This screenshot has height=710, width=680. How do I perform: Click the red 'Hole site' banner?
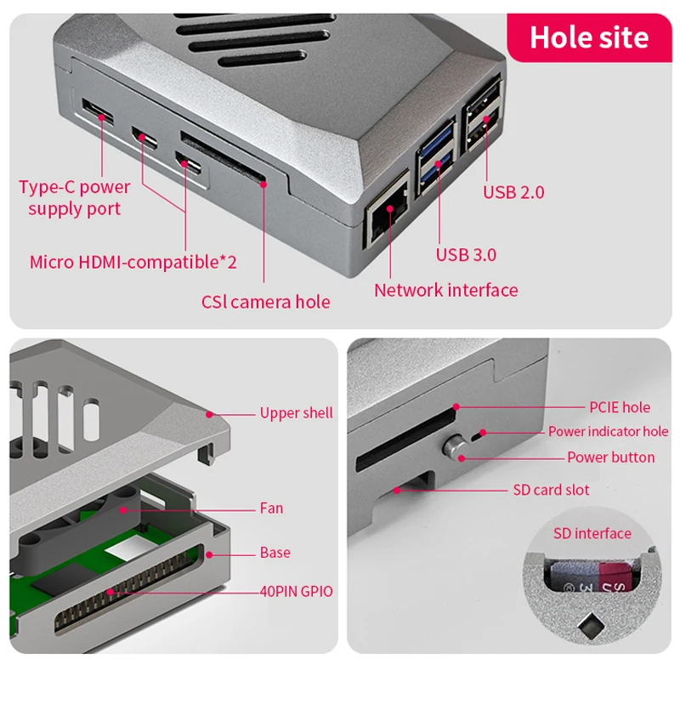tap(588, 37)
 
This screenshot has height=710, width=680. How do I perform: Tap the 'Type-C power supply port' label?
tap(75, 197)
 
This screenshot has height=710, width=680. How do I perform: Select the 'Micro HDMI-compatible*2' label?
tap(133, 262)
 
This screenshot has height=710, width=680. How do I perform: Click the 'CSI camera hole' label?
tap(265, 301)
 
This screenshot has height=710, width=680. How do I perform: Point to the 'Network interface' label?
tap(445, 290)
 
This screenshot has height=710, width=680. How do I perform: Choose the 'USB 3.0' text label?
tap(466, 254)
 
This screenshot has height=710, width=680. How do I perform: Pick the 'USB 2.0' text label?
tap(513, 192)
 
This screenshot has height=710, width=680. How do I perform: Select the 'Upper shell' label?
tap(296, 413)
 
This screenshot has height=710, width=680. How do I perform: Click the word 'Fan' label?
tap(271, 508)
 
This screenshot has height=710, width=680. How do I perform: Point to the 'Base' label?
tap(275, 553)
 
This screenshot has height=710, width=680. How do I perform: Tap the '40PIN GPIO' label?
tap(296, 591)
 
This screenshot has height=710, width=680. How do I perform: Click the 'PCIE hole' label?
tap(619, 407)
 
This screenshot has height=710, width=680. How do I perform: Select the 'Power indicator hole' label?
tap(608, 432)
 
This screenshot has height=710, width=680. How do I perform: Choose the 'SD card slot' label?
tap(551, 490)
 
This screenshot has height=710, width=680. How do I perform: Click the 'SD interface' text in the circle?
tap(592, 534)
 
